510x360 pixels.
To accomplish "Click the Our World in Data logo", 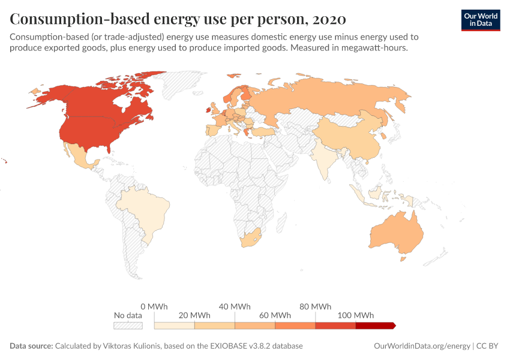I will tap(480, 19).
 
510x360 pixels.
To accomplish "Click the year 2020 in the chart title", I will tap(329, 19).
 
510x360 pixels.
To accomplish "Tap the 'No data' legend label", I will tap(128, 315).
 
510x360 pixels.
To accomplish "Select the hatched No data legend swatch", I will tap(128, 325).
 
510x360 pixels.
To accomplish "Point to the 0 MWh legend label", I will tap(154, 306).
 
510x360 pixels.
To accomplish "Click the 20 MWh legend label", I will tap(195, 315).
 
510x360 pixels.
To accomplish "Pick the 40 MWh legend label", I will tap(235, 306).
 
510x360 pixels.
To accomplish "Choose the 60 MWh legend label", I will tap(275, 315).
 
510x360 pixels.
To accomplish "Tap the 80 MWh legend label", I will tap(316, 306).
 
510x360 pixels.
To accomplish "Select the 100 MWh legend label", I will tap(356, 315).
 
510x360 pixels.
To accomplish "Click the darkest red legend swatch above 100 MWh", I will tap(375, 325).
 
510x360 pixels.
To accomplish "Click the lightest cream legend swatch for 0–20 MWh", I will tap(175, 325).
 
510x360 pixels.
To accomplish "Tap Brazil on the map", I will tap(147, 210).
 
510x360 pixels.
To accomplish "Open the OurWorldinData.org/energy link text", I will tap(422, 346).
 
